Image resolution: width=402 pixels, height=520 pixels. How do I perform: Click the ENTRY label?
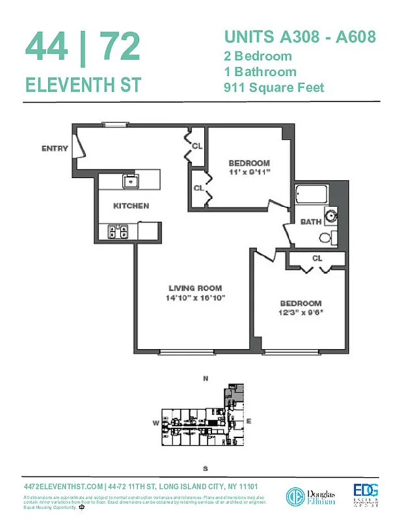tap(55, 148)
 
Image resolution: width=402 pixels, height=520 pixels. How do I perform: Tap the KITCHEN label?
tap(131, 206)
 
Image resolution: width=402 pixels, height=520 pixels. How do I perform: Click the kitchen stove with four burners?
tap(119, 229)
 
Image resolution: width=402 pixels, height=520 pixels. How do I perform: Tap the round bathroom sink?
tap(332, 214)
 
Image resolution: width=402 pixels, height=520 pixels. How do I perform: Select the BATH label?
tap(310, 222)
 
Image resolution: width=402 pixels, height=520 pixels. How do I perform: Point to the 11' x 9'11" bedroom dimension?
tap(248, 172)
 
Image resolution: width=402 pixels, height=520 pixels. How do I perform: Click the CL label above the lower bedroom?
tap(317, 258)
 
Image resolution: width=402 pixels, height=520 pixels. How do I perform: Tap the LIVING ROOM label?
tap(195, 288)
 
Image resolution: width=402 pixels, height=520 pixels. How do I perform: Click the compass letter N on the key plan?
tap(206, 378)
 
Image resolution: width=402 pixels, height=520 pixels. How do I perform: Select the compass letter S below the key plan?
tap(205, 468)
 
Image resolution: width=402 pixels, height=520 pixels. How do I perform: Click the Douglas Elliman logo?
tap(311, 497)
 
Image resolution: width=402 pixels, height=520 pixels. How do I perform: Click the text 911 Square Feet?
tap(273, 87)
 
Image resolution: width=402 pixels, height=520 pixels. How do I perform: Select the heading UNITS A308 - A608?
tap(300, 36)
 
